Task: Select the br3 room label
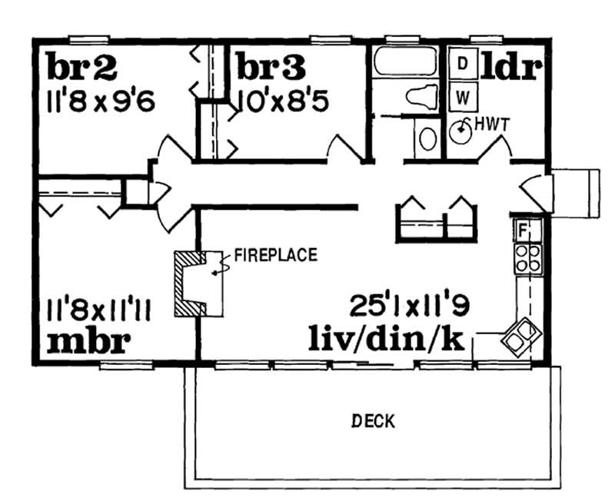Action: (x=269, y=68)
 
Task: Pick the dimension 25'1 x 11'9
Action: (x=409, y=307)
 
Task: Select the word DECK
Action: (x=373, y=420)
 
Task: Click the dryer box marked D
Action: (x=462, y=64)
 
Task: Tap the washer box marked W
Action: (x=462, y=97)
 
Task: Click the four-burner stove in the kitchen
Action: (x=526, y=257)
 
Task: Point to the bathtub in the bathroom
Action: (x=407, y=62)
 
